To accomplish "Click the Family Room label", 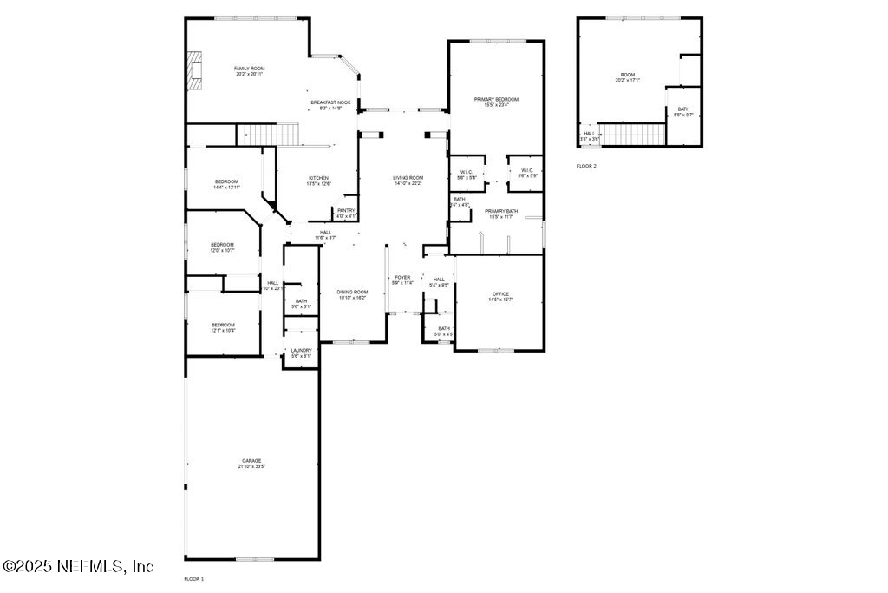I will [x=250, y=71].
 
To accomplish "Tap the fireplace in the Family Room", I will [x=194, y=71].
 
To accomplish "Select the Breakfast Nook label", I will [x=330, y=105].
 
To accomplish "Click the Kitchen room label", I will [x=293, y=181].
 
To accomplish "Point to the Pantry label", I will [x=346, y=213].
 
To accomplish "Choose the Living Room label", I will [x=408, y=181].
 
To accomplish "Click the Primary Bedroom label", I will [x=496, y=102].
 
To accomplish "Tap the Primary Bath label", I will [x=500, y=214].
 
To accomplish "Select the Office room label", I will [x=500, y=296].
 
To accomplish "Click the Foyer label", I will [x=402, y=280].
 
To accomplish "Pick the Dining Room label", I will [x=352, y=294].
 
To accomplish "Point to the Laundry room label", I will [x=301, y=353].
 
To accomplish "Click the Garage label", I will [x=251, y=464].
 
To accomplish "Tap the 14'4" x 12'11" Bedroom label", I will [x=226, y=184].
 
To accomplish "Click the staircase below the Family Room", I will [x=268, y=135].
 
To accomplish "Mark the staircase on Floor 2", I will [x=631, y=134].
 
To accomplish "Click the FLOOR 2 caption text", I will [x=586, y=165].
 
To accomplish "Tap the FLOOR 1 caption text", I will [x=193, y=578].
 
